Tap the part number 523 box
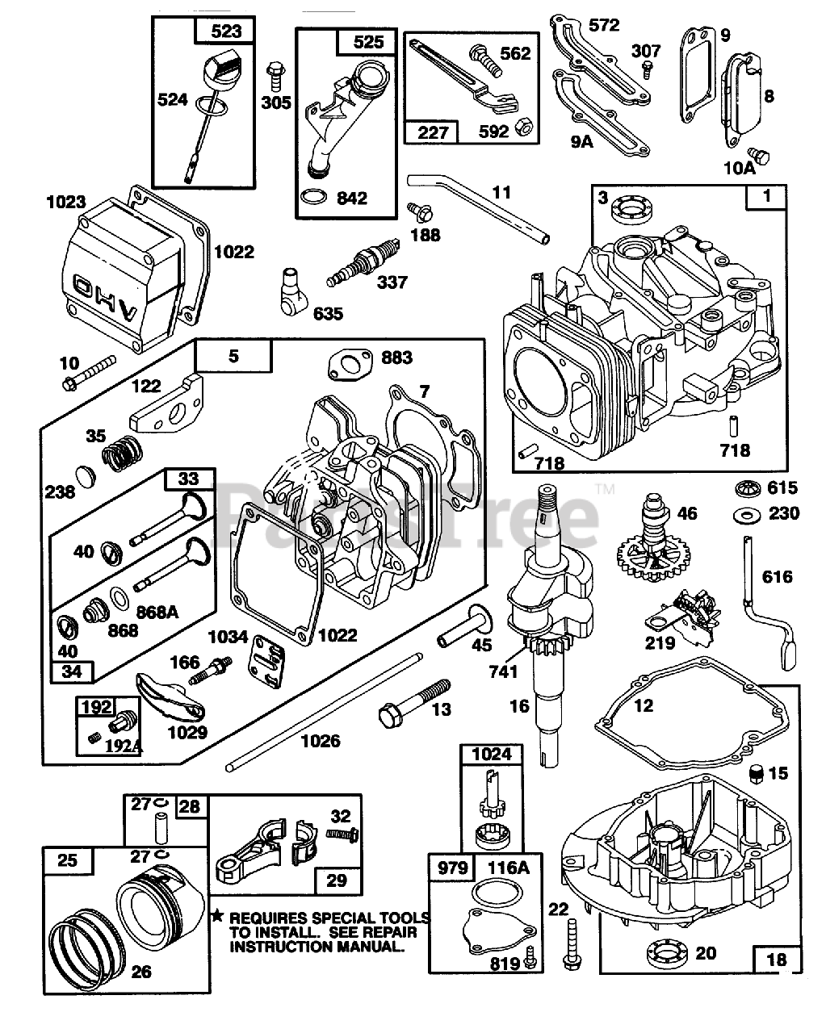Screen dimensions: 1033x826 coord(225,32)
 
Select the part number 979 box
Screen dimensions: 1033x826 coord(452,868)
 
